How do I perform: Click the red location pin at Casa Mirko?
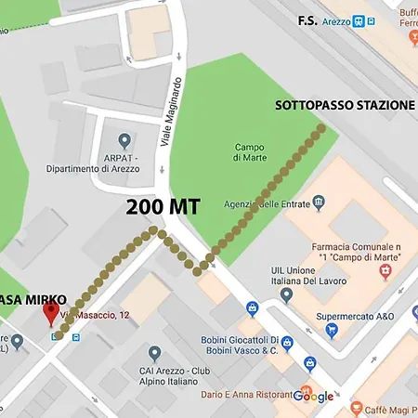point(52,312)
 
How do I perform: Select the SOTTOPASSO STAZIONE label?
point(345,105)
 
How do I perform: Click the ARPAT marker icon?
point(124,138)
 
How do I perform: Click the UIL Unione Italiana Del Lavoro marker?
point(286,294)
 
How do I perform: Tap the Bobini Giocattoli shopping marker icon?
point(286,343)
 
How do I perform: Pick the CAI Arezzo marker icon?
point(154,354)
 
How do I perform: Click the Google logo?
point(313,397)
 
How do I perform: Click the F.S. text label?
point(308,20)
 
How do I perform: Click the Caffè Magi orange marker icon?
point(356,408)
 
